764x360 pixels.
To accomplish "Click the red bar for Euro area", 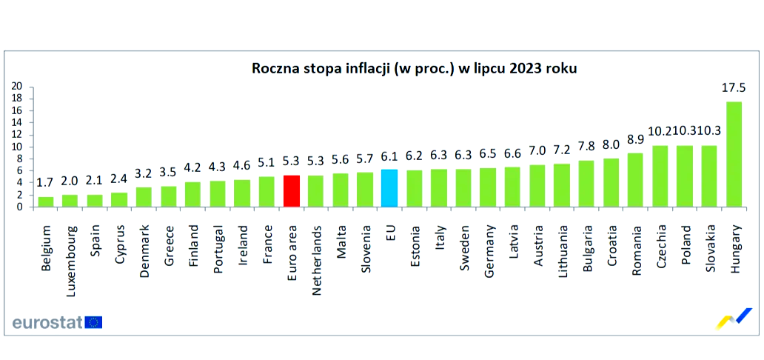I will [292, 191].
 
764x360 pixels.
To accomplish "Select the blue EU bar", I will [389, 188].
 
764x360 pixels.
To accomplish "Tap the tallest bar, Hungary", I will [734, 154].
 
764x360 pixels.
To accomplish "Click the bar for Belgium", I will [46, 201].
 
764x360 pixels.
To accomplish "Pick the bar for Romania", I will [635, 180].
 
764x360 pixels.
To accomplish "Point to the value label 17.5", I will [734, 87].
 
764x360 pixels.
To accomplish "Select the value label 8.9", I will [635, 139].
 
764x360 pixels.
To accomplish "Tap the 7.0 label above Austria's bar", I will [537, 150].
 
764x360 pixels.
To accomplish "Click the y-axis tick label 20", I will [17, 86].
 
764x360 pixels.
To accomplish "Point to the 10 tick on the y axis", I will [17, 147].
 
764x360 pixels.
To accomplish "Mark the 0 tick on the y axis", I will [20, 207].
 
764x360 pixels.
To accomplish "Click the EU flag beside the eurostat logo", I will [94, 322].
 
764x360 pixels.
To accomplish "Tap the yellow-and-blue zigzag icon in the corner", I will [735, 319].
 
